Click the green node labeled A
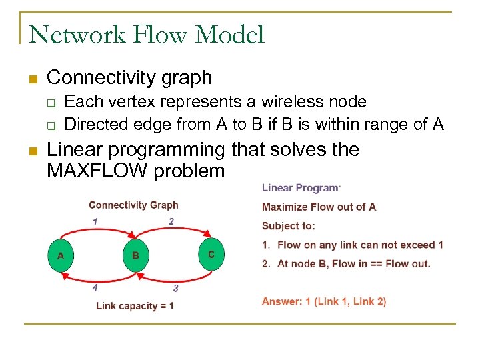pos(61,255)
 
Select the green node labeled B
pos(135,255)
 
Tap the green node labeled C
pos(211,255)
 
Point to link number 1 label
pos(95,221)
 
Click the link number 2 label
pos(171,221)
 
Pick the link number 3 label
pos(175,289)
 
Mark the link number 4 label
pos(95,288)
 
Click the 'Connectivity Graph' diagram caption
pos(133,205)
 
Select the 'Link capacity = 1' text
pos(135,306)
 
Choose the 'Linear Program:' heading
pos(301,189)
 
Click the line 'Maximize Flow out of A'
pos(319,207)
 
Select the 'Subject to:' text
pos(289,225)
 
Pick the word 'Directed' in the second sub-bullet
pos(93,123)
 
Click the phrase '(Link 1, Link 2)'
pos(353,301)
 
